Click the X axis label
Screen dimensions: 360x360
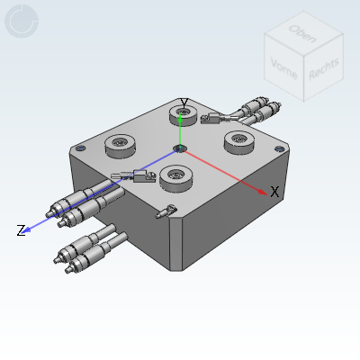tap(275, 192)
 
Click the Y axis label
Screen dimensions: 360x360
tap(184, 103)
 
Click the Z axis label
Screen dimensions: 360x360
tap(20, 231)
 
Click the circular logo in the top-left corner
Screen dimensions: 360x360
tap(22, 22)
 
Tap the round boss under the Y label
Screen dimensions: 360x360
tap(184, 115)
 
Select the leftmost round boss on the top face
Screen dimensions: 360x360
tap(120, 143)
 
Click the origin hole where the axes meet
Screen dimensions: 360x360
tap(180, 148)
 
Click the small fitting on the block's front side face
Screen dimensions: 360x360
tap(164, 211)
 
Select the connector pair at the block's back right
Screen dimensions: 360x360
tap(256, 112)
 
